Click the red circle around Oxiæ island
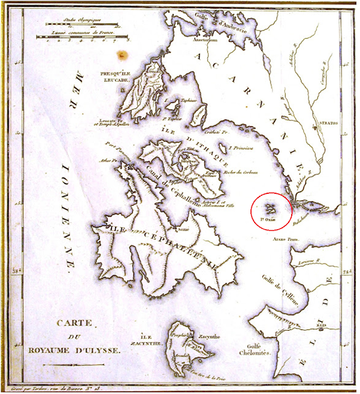click(271, 210)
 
